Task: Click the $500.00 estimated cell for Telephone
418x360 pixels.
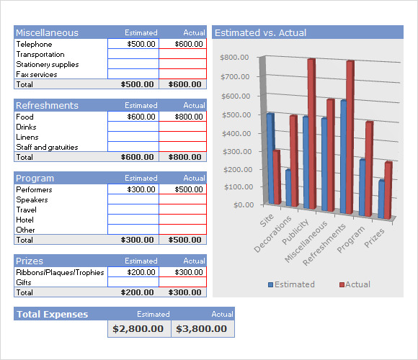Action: (133, 44)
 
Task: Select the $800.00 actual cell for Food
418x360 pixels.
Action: (183, 117)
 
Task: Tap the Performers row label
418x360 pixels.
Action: (34, 189)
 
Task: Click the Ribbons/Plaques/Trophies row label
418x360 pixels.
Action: (60, 272)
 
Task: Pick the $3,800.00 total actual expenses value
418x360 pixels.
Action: (202, 328)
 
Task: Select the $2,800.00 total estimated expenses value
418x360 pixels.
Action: (138, 328)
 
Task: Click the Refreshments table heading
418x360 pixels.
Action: (47, 105)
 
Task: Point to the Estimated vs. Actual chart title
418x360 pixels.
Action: (260, 32)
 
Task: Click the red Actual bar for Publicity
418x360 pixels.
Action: (311, 133)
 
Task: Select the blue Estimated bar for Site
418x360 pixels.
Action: (270, 158)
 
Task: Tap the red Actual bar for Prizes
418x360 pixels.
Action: (388, 190)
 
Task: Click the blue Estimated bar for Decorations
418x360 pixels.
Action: (288, 188)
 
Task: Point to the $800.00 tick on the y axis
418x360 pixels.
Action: (234, 58)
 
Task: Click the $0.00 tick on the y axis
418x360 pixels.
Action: (244, 204)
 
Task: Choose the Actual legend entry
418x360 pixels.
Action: (355, 284)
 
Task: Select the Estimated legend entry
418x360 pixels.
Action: (291, 284)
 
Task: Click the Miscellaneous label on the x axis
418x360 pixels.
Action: (306, 241)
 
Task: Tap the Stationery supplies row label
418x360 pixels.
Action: (48, 64)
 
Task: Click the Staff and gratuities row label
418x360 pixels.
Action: (47, 147)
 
